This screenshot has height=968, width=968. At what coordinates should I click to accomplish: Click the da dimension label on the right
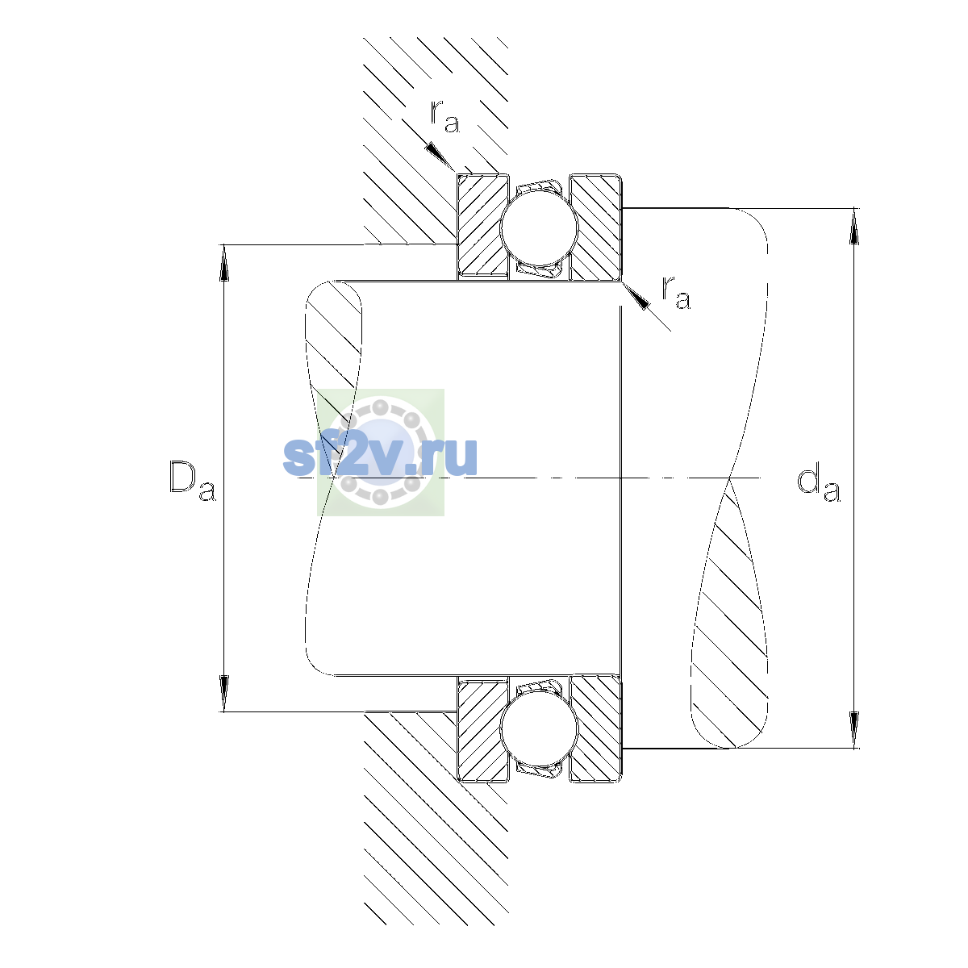(x=818, y=484)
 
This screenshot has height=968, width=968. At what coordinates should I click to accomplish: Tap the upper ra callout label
(x=445, y=116)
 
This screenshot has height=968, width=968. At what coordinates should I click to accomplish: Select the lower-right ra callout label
(x=676, y=292)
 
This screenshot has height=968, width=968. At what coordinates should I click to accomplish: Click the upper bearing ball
(x=539, y=227)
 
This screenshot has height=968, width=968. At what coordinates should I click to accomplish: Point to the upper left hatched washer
(x=482, y=227)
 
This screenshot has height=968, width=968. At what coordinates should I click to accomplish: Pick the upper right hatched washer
(x=596, y=227)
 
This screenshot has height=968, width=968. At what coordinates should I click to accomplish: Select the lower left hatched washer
(x=482, y=729)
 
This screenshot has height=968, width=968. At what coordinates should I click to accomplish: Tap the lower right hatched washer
(x=596, y=729)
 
